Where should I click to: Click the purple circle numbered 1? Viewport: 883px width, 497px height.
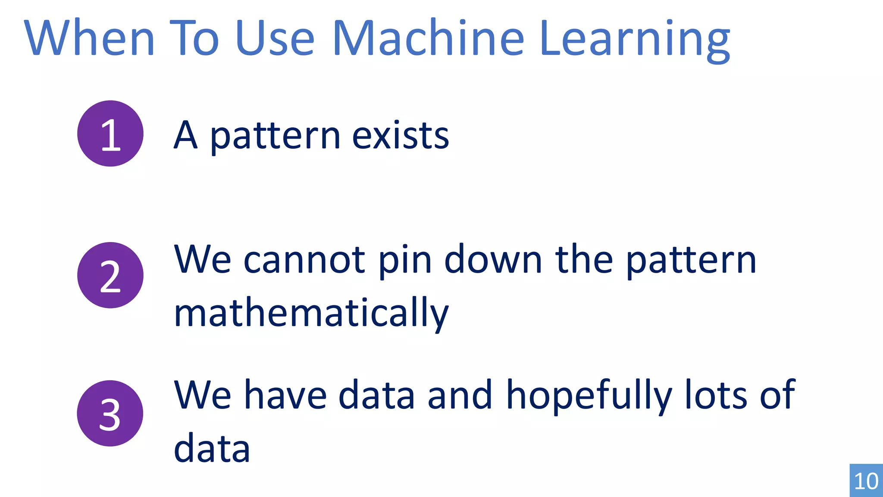point(110,133)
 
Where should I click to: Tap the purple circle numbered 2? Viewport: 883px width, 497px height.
point(110,275)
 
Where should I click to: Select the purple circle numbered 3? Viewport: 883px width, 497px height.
point(110,413)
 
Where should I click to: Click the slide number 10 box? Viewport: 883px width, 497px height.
point(866,480)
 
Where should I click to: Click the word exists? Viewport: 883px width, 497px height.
point(401,135)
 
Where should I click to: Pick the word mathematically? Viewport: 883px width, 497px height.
point(311,313)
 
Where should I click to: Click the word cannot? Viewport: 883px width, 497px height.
point(304,260)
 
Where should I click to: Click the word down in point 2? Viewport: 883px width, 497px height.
point(493,260)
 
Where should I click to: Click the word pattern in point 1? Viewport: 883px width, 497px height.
point(275,136)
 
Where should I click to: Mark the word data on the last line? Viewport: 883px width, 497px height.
point(212,448)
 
